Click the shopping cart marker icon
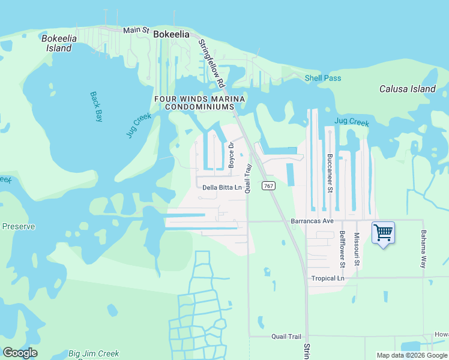click(383, 232)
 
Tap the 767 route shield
click(268, 187)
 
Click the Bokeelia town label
click(171, 34)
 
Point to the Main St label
click(136, 29)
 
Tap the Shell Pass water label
click(323, 78)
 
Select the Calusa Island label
click(408, 89)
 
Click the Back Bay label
click(96, 106)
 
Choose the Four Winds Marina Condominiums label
click(199, 103)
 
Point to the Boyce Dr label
click(231, 155)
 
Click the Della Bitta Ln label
click(221, 187)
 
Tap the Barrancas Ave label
click(312, 221)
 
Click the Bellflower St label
click(342, 248)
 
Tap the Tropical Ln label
click(328, 278)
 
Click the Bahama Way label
click(423, 248)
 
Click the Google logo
click(20, 353)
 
